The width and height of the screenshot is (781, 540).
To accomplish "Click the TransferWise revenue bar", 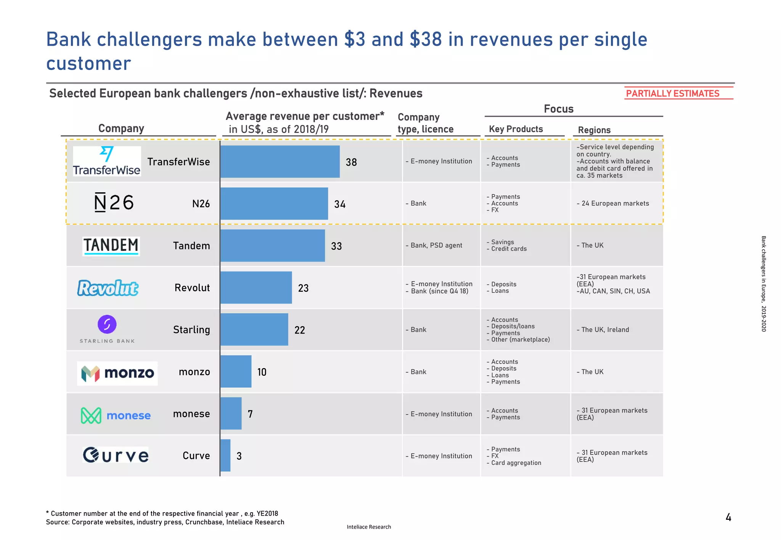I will [x=280, y=161].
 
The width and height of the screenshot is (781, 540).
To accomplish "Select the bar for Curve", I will [x=225, y=455].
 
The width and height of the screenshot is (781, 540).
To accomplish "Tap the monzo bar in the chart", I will [x=236, y=371].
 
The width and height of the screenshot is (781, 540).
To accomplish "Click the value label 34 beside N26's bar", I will [x=340, y=204].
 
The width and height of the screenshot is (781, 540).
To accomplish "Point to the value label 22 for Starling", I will [x=300, y=330].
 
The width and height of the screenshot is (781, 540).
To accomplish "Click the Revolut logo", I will [x=108, y=288].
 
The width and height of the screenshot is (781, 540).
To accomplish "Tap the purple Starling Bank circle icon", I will [x=107, y=324].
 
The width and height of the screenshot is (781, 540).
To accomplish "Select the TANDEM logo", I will [x=111, y=246].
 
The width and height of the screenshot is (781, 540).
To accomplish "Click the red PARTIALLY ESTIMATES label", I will [x=673, y=93].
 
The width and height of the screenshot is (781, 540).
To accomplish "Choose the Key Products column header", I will [x=516, y=129].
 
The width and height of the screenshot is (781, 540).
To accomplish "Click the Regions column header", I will [x=594, y=130].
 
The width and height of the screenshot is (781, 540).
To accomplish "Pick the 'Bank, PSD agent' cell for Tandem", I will [x=436, y=245].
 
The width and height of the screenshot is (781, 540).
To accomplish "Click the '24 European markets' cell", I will [x=615, y=203].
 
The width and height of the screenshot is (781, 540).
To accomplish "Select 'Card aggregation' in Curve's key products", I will [x=516, y=463].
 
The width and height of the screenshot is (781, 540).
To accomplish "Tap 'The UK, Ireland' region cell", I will [x=605, y=330].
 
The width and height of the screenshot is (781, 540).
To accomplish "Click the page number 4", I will [x=728, y=518].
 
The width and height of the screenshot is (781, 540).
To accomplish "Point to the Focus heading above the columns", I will [x=558, y=109].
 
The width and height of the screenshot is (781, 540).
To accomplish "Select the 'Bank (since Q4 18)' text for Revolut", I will [x=439, y=291].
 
